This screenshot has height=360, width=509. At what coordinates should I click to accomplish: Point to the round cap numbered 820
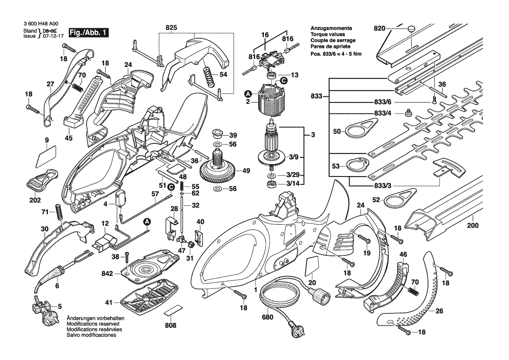point(411,29)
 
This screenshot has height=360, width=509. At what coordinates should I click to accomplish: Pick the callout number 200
point(473,226)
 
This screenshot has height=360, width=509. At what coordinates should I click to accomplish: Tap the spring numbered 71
point(58,213)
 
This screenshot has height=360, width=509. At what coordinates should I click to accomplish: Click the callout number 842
point(107,273)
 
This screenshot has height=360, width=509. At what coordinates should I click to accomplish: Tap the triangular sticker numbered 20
point(312,267)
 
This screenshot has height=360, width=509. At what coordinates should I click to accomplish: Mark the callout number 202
point(35,200)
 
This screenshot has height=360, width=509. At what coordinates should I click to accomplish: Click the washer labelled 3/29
point(270,176)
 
